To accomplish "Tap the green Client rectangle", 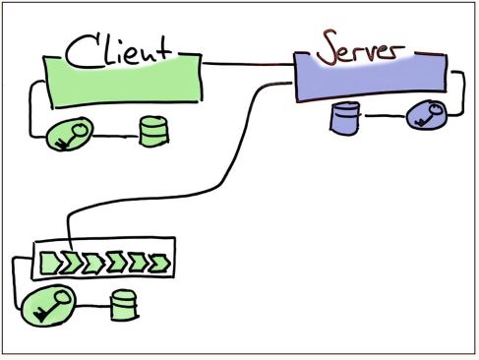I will tap(123, 76).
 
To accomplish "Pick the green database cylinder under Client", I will tap(151, 131).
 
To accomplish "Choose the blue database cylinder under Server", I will tap(343, 119).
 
